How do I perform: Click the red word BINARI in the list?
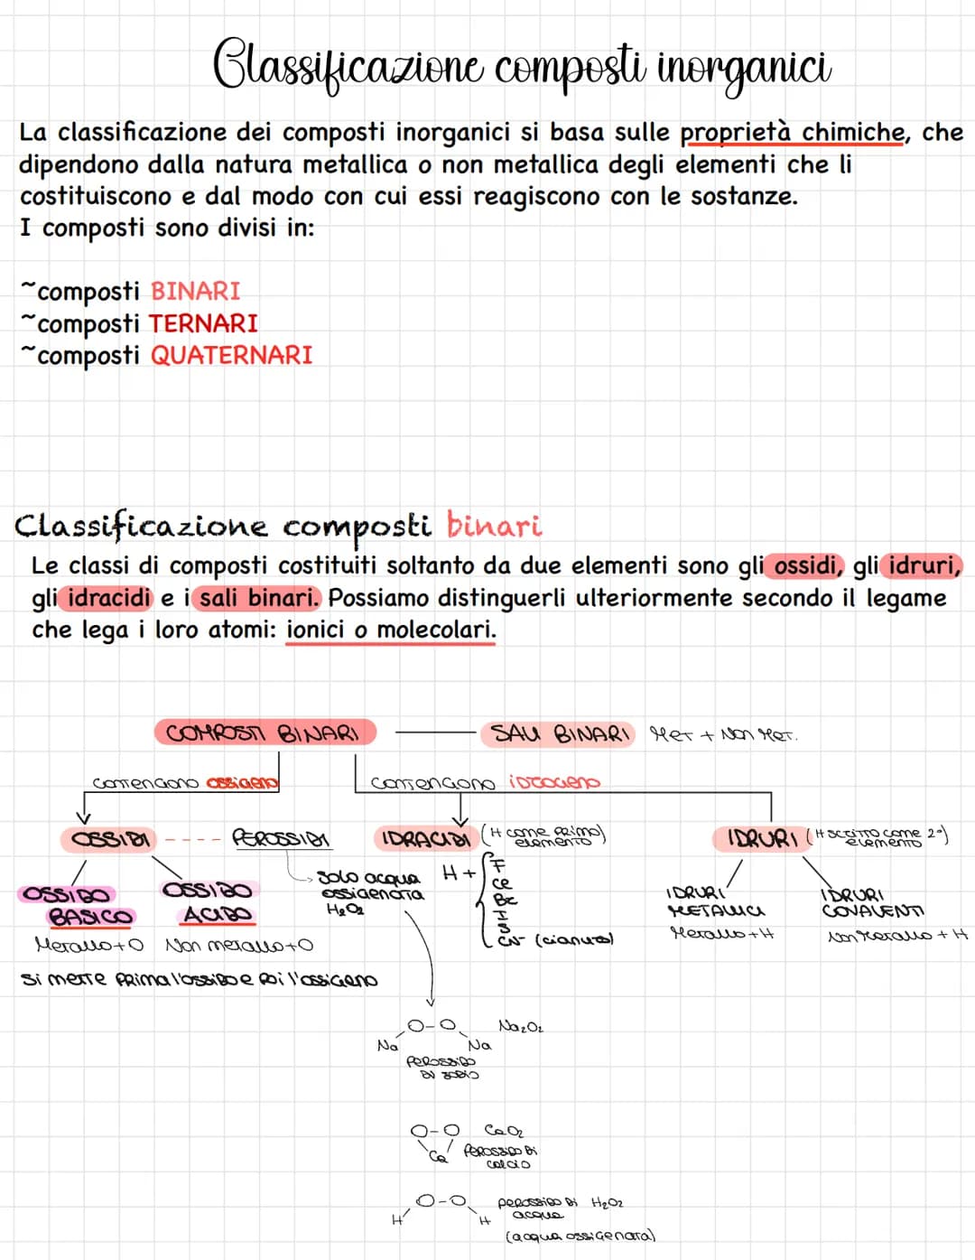[x=195, y=291]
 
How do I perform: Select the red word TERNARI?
[x=203, y=323]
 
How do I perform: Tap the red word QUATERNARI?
[x=231, y=355]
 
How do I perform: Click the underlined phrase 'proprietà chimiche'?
[x=792, y=133]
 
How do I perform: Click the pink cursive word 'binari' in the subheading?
[x=494, y=525]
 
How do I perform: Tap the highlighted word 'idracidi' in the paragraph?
[x=109, y=598]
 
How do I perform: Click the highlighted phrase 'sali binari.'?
[x=259, y=598]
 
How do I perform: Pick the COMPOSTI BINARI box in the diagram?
[x=265, y=733]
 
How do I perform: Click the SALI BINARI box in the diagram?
[x=558, y=733]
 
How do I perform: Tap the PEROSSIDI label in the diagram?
[x=281, y=839]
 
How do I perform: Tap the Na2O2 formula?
[x=521, y=1027]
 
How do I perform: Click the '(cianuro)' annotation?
[x=574, y=940]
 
